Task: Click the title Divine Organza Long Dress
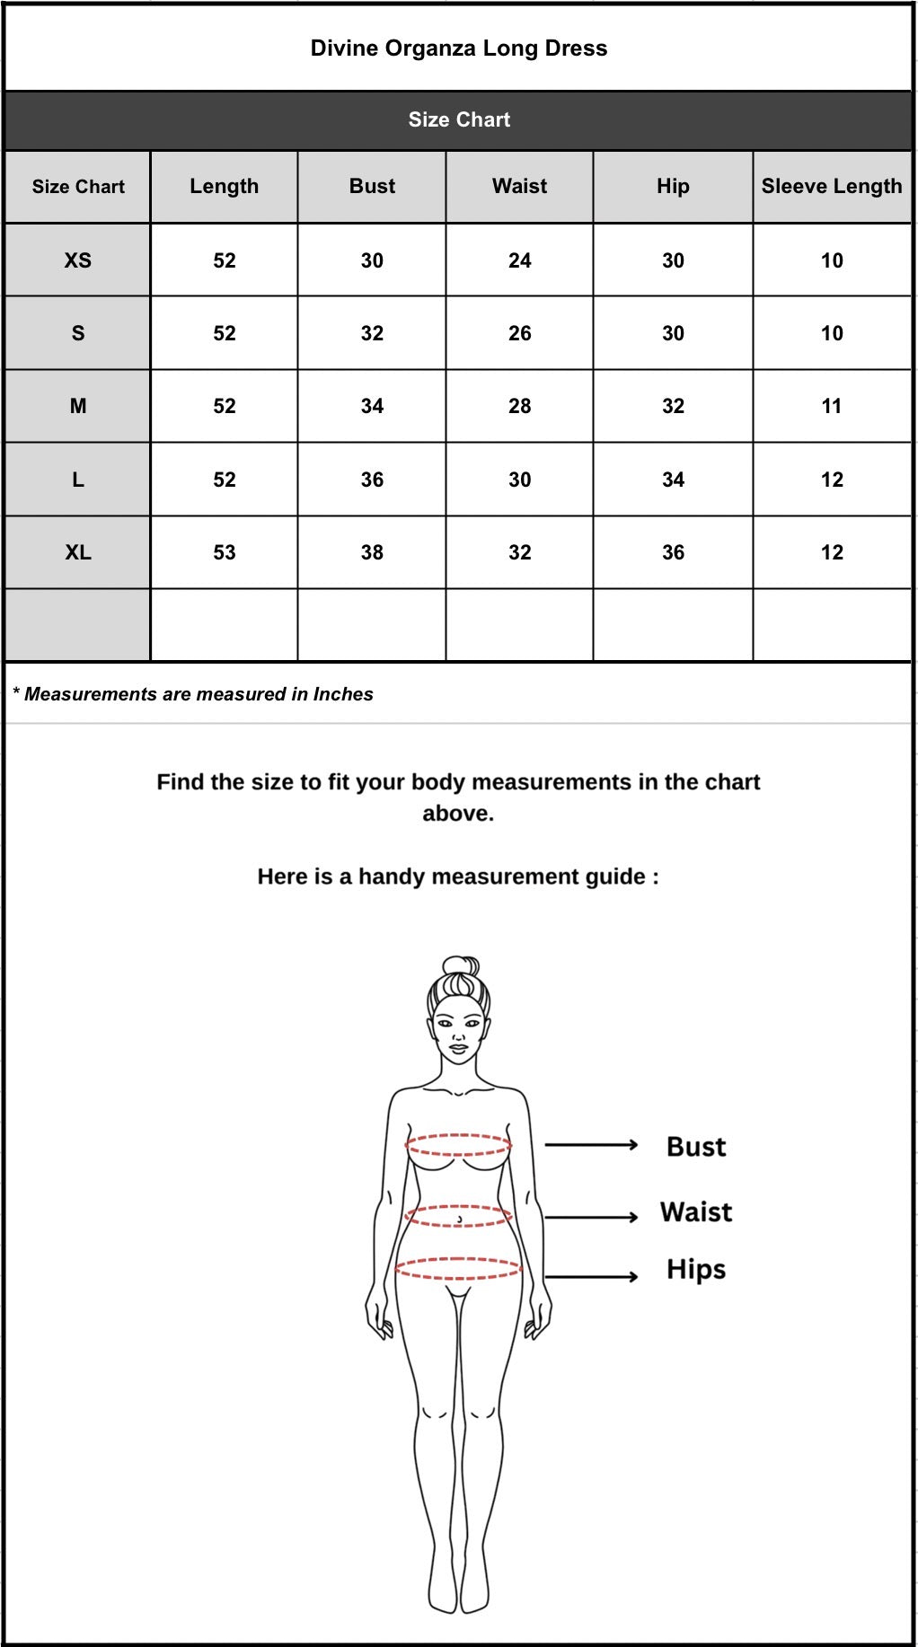tap(459, 48)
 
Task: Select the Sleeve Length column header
tap(832, 186)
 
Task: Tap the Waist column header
tap(519, 186)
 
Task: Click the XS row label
tap(78, 260)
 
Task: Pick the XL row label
tap(78, 552)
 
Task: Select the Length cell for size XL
tap(225, 552)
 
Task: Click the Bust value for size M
tap(372, 406)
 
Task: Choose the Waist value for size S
tap(520, 333)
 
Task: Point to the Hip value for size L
tap(673, 480)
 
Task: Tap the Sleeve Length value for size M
tap(832, 406)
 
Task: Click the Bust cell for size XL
tap(372, 552)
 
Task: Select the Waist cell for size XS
tap(520, 260)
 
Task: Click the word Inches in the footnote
tap(343, 694)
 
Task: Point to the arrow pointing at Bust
tap(591, 1145)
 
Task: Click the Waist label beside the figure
tap(696, 1212)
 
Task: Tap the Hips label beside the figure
tap(696, 1270)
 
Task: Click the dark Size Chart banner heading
tap(459, 119)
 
